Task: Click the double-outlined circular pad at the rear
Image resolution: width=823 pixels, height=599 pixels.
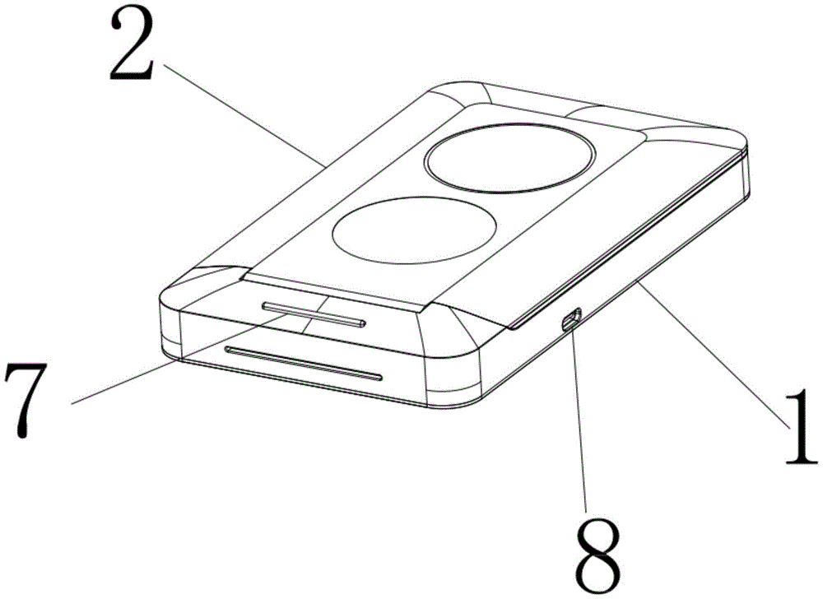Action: click(x=511, y=156)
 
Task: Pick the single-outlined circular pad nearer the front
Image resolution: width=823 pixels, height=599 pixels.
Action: click(x=415, y=230)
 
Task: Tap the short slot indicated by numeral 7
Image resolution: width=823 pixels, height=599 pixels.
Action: click(x=314, y=314)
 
